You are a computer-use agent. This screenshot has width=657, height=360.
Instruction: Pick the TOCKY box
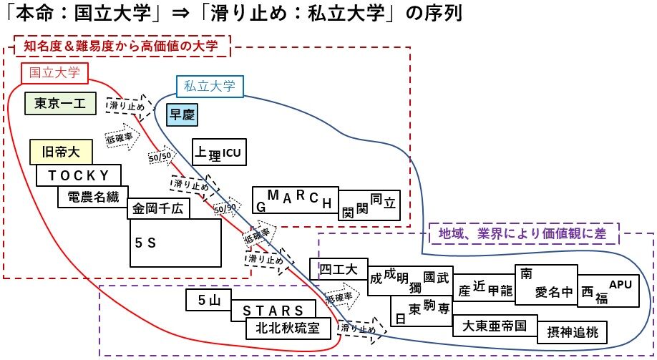(79, 175)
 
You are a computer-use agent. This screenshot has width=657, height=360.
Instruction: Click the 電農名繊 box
(93, 197)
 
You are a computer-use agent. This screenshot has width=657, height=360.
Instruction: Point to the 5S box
(175, 243)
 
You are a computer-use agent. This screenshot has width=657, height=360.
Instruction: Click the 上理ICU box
(220, 152)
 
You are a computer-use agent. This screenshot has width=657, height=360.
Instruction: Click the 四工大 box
(339, 270)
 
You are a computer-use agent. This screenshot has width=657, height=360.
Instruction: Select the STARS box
(273, 311)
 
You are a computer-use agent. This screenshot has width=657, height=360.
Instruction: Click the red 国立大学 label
(54, 72)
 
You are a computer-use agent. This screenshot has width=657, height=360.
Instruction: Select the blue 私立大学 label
(209, 86)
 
